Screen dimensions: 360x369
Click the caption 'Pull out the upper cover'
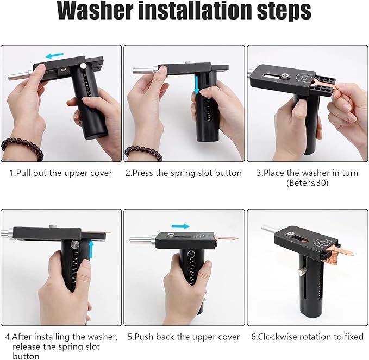(x=61, y=173)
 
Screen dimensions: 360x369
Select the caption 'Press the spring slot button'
(x=184, y=173)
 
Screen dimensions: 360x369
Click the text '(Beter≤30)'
(x=308, y=183)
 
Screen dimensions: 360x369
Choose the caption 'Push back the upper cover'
(x=184, y=337)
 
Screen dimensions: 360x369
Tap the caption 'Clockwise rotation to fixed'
(x=307, y=337)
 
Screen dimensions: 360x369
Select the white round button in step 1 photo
(x=82, y=66)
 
